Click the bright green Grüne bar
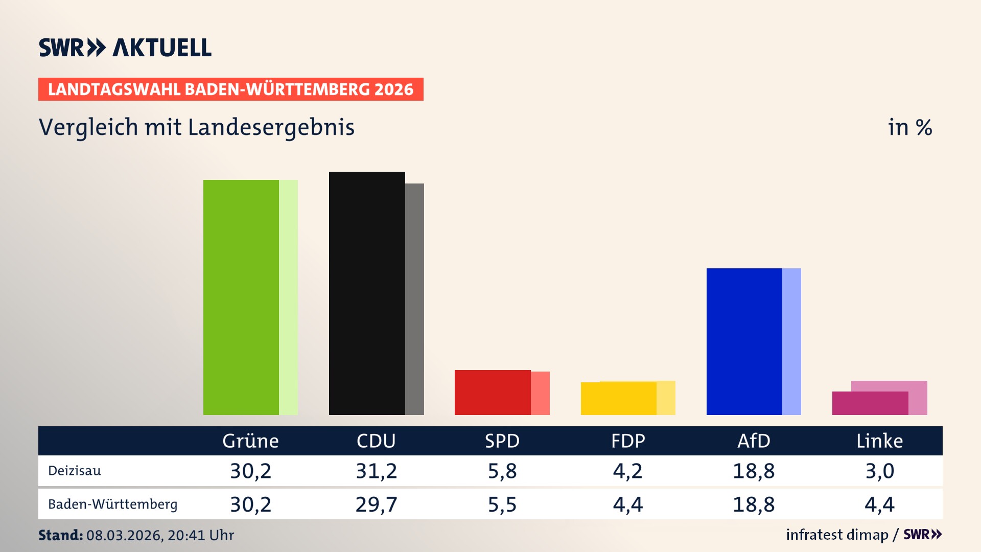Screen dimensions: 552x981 click(241, 297)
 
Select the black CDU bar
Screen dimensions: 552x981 click(367, 293)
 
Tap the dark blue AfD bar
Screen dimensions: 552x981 click(744, 341)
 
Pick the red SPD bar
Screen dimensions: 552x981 click(493, 393)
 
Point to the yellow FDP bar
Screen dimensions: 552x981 click(618, 399)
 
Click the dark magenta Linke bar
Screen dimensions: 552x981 click(870, 403)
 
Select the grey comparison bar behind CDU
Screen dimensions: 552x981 click(415, 299)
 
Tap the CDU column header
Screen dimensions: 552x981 click(376, 441)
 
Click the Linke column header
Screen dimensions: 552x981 click(879, 441)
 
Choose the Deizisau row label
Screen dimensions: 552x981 click(75, 471)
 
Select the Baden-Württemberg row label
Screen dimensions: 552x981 click(112, 504)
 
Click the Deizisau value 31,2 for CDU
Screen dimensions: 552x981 click(376, 471)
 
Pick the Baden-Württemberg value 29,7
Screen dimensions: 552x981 click(376, 504)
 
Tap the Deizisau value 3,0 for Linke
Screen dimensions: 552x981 click(879, 471)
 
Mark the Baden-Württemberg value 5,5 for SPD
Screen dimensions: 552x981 click(502, 504)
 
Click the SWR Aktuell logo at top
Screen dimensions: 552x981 click(125, 48)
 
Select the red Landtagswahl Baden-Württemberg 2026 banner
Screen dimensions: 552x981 click(230, 89)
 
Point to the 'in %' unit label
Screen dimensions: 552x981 click(909, 127)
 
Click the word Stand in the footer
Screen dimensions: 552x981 click(60, 535)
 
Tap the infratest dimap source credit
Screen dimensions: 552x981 click(837, 535)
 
